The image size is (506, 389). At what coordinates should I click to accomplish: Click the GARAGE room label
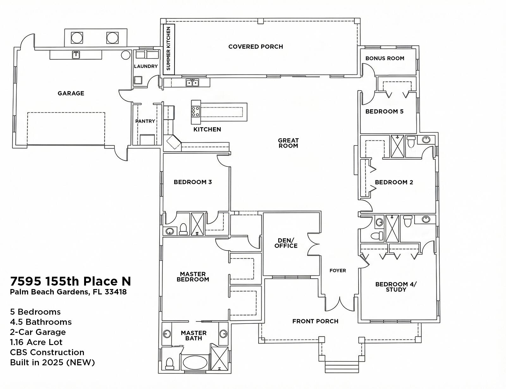[71, 93]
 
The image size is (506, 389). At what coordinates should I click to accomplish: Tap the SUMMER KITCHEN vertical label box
[169, 49]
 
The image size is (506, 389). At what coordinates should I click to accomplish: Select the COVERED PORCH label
[256, 47]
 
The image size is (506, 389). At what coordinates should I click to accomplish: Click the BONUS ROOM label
[385, 59]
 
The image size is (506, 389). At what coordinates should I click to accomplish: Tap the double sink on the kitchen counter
[192, 83]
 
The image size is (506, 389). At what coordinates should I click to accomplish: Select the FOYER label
[337, 270]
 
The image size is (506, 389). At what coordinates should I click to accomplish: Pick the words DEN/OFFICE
[286, 243]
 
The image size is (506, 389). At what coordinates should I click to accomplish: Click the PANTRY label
[145, 121]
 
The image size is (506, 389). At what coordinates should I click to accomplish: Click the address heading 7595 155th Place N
[70, 281]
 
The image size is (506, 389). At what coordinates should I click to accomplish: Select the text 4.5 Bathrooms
[41, 322]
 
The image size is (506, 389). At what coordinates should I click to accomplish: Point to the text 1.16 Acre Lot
[36, 342]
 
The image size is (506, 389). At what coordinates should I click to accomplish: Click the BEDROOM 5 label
[384, 112]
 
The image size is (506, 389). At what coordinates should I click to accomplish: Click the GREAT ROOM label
[288, 143]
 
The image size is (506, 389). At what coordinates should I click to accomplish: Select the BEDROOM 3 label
[193, 182]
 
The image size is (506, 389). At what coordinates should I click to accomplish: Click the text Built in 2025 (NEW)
[52, 362]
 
